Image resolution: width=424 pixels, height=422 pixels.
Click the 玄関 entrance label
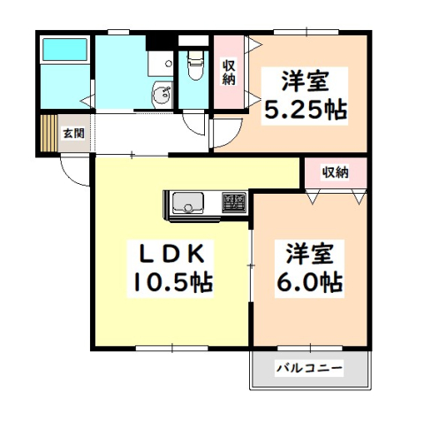click(x=73, y=134)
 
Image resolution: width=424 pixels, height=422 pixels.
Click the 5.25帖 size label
click(x=306, y=111)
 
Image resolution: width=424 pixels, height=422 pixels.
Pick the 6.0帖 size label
click(x=307, y=282)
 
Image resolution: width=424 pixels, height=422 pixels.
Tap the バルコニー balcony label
click(x=308, y=368)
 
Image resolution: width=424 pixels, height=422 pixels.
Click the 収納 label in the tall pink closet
click(x=229, y=72)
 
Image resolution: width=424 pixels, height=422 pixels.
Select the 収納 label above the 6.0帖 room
click(x=335, y=172)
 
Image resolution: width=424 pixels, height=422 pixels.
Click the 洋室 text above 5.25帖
click(x=306, y=81)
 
